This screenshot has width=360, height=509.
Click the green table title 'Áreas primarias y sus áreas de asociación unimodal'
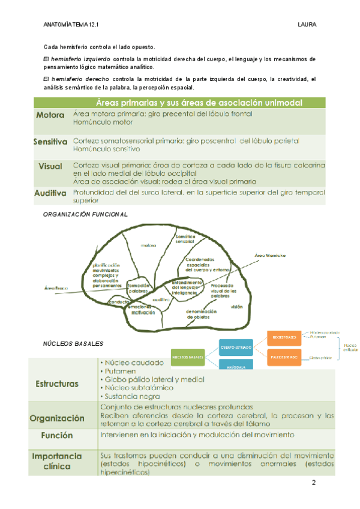[x=198, y=102]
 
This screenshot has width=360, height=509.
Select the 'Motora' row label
[x=51, y=115]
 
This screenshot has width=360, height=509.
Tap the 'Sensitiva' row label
[x=50, y=142]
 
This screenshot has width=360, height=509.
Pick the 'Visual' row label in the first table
[x=50, y=166]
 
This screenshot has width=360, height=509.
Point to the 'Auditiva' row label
[x=50, y=193]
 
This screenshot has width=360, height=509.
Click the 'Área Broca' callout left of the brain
[x=55, y=288]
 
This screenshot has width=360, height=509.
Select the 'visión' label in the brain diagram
[x=236, y=306]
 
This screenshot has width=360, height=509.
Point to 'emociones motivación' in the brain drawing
[x=143, y=310]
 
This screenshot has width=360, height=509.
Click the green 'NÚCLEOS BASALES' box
[x=188, y=357]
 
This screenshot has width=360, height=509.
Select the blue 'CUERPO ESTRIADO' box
[x=236, y=348]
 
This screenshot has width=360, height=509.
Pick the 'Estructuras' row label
[x=57, y=383]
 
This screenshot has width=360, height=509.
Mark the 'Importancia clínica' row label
[x=57, y=461]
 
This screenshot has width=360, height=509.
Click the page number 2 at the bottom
[x=313, y=484]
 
